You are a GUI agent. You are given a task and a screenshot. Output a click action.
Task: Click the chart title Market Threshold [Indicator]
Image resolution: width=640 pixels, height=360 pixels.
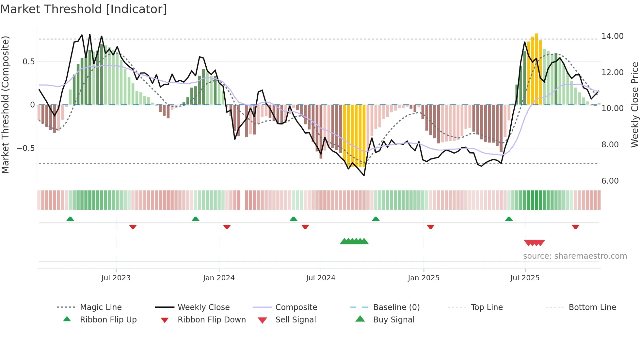(x=84, y=9)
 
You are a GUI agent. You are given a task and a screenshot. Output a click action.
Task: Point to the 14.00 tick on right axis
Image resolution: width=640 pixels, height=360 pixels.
(x=612, y=36)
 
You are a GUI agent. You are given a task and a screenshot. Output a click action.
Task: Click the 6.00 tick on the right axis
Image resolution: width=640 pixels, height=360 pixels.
(x=610, y=181)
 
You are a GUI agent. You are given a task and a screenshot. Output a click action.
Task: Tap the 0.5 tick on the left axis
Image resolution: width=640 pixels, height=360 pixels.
(x=28, y=62)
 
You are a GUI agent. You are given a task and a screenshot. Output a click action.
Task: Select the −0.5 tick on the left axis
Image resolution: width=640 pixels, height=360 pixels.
(x=26, y=148)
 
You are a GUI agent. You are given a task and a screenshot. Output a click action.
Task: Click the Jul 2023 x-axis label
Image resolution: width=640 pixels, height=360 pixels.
(x=116, y=278)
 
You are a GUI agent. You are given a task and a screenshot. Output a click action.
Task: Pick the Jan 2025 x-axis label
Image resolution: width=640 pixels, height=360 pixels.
(x=424, y=278)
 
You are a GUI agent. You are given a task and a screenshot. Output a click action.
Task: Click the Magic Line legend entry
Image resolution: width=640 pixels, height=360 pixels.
(x=101, y=307)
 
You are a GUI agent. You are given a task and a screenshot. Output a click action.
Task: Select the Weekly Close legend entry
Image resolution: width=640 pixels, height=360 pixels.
(x=203, y=307)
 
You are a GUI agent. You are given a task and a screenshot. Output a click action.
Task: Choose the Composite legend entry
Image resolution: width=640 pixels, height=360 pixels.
(x=296, y=307)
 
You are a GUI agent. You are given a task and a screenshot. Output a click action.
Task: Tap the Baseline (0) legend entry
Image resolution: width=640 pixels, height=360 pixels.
(x=396, y=307)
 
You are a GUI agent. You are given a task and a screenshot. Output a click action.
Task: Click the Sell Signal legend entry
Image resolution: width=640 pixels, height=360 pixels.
(x=296, y=320)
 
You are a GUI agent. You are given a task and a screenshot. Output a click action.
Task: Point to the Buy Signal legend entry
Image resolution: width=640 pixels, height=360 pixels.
(x=393, y=320)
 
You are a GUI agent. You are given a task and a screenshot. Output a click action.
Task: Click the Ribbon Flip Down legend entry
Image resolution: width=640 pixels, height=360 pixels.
(x=212, y=320)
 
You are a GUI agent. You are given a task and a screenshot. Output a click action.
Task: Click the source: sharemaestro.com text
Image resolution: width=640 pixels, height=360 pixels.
(x=575, y=256)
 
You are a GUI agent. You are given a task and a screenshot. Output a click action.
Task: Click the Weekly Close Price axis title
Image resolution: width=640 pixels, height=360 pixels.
(x=634, y=105)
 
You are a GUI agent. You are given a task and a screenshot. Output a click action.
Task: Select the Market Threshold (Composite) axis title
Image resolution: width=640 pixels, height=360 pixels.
(x=5, y=105)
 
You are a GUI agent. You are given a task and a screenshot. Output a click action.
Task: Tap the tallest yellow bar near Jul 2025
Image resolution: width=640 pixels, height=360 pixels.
(x=536, y=69)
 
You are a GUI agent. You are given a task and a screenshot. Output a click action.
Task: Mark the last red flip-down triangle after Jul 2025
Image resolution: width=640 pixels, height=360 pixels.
(x=575, y=227)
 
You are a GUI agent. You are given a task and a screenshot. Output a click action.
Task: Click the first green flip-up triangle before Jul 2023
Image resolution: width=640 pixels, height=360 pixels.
(x=70, y=219)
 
